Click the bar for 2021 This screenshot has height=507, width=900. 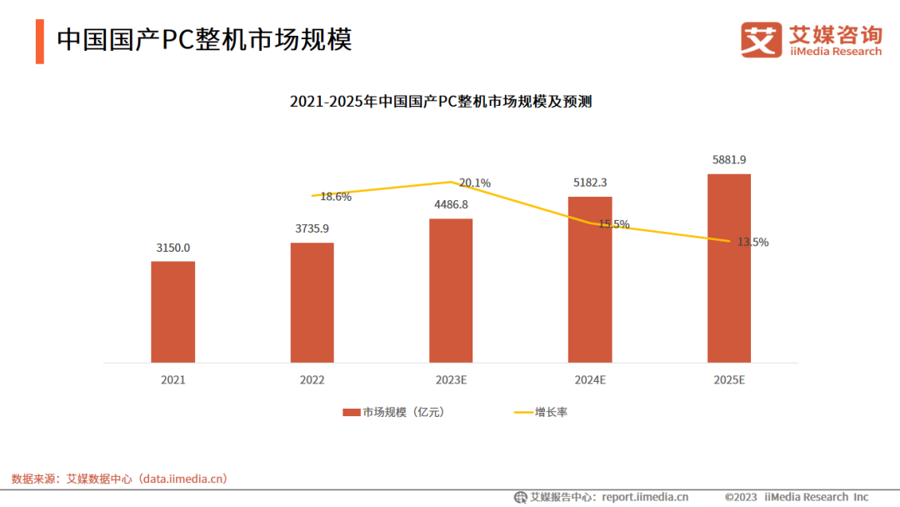(172, 312)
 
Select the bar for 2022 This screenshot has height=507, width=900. (312, 303)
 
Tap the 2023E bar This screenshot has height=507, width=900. (451, 290)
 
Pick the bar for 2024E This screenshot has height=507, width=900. (590, 279)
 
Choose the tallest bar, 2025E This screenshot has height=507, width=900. (729, 269)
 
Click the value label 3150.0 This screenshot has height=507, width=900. (173, 248)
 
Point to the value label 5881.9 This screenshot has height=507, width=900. (729, 160)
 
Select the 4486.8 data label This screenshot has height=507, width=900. (451, 204)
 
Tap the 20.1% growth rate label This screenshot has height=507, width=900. (475, 183)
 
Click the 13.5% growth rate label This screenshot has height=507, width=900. (752, 243)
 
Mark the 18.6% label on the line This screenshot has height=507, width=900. (336, 198)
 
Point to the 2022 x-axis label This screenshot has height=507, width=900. (312, 379)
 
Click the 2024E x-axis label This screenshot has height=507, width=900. (590, 379)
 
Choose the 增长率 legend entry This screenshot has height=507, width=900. (551, 412)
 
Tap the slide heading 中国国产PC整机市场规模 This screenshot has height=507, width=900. (204, 39)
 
